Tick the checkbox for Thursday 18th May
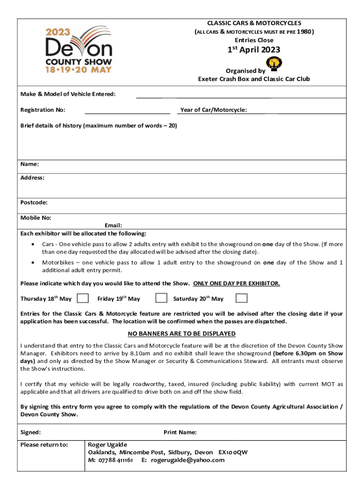pyautogui.click(x=82, y=298)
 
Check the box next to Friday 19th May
pyautogui.click(x=161, y=298)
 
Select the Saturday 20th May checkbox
pyautogui.click(x=241, y=298)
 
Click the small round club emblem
pyautogui.click(x=274, y=63)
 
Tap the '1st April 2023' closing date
pyautogui.click(x=253, y=50)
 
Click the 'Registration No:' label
pyautogui.click(x=43, y=110)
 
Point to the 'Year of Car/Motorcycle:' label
pyautogui.click(x=214, y=110)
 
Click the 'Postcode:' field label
pyautogui.click(x=34, y=203)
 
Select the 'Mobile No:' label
pyautogui.click(x=36, y=218)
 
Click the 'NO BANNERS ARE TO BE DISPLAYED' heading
pyautogui.click(x=181, y=334)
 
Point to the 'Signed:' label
pyautogui.click(x=30, y=432)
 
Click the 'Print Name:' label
pyautogui.click(x=180, y=432)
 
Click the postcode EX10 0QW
pyautogui.click(x=233, y=452)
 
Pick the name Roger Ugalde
pyautogui.click(x=108, y=444)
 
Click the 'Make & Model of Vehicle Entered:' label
pyautogui.click(x=68, y=94)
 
